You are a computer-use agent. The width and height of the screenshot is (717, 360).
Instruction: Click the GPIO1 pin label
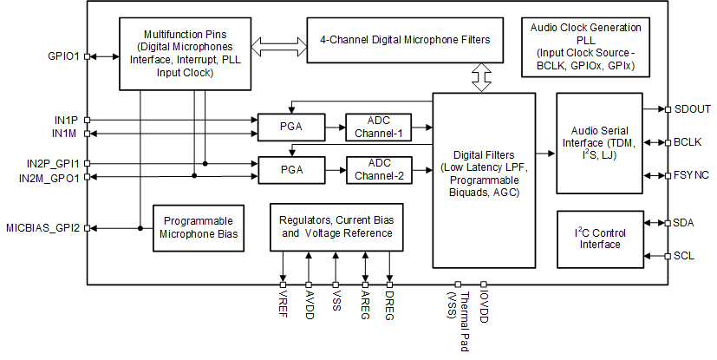click(64, 56)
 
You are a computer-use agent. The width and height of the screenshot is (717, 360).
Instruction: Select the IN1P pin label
click(66, 120)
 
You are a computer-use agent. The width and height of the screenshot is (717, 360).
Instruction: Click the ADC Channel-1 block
click(379, 127)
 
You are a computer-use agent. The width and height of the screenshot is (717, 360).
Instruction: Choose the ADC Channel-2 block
click(379, 169)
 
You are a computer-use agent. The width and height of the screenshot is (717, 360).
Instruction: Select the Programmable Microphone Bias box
click(198, 227)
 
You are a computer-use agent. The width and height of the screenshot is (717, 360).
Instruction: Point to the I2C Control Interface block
click(599, 238)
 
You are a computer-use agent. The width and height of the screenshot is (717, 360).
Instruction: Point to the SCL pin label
click(684, 256)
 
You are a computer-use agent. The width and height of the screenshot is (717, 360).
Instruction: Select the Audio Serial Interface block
click(599, 143)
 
